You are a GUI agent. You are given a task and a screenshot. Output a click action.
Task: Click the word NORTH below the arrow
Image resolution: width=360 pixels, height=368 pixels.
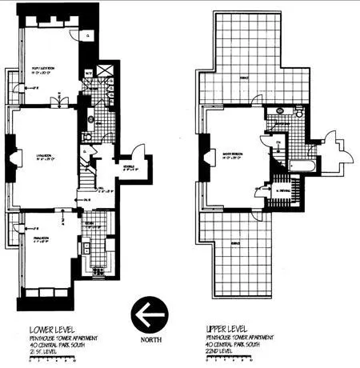point(151,338)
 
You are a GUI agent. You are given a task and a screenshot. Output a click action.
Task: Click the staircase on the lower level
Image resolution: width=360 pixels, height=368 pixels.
point(89,173)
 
